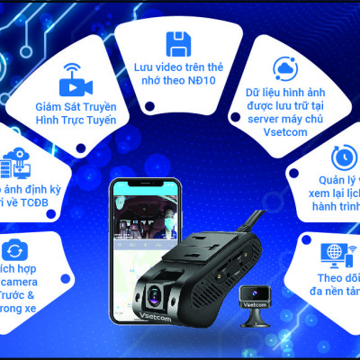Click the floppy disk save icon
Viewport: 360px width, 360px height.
coord(176,43)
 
